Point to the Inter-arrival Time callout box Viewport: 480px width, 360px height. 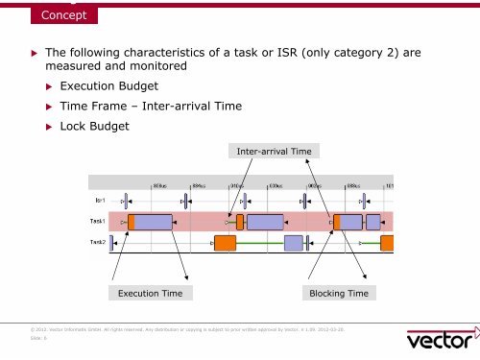click(x=274, y=150)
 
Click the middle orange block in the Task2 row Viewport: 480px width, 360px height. click(x=225, y=243)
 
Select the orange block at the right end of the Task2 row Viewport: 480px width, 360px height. click(x=387, y=243)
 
